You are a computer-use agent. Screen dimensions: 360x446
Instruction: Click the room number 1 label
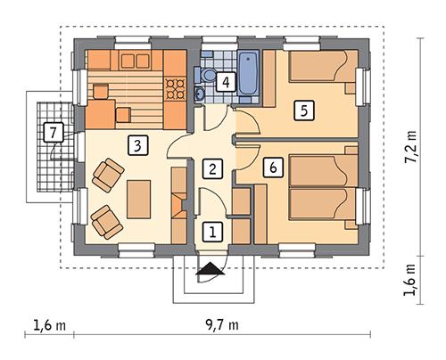point(211,232)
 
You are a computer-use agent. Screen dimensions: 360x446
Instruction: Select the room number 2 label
point(211,168)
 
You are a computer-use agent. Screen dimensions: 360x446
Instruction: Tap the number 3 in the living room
point(136,143)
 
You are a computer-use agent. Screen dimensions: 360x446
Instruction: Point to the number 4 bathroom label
point(227,82)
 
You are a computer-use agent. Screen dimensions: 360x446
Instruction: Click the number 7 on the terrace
point(54,133)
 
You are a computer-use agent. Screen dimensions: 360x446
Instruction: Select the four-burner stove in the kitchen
point(175,87)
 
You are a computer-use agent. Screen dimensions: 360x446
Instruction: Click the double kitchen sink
point(136,61)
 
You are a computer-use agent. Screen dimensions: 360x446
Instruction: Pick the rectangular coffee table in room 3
point(138,198)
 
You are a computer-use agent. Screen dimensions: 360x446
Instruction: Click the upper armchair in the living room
point(108,174)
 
